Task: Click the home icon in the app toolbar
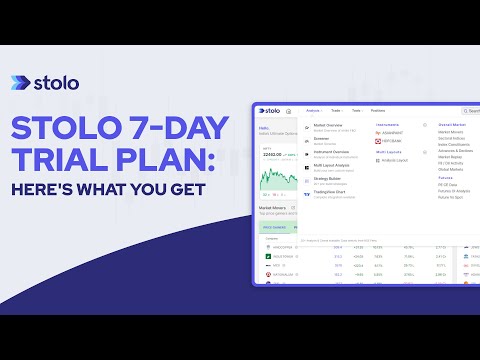click(289, 111)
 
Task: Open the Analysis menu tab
click(314, 111)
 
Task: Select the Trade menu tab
click(337, 111)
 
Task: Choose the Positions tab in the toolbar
click(379, 111)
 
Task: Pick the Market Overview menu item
click(329, 126)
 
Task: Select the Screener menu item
click(323, 140)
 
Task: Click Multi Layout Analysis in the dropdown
click(333, 167)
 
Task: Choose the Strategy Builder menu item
click(328, 180)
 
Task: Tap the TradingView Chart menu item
click(332, 193)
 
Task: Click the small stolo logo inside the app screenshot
click(270, 111)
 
